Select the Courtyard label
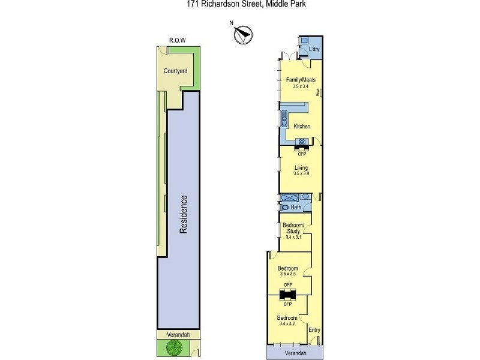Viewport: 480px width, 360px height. coord(175,71)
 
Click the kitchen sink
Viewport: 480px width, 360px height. coord(284,118)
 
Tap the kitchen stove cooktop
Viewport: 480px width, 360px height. coord(302,142)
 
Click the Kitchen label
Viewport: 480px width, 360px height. coord(302,126)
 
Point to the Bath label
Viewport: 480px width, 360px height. coord(296,208)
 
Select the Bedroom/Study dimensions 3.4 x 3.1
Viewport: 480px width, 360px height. coord(294,237)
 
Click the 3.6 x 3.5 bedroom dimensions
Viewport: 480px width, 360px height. coord(289,274)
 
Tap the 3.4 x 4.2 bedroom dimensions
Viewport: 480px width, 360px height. coord(289,324)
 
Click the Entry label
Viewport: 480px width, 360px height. coord(314,329)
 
